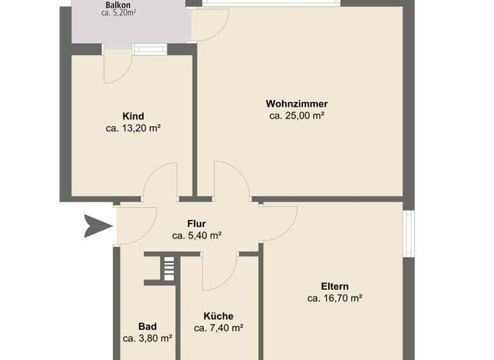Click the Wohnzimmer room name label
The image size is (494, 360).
click(297, 104)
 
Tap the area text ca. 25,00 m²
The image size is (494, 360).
click(297, 116)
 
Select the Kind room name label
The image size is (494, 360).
click(133, 116)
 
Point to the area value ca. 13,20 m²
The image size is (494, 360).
click(133, 128)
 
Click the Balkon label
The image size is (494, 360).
click(118, 5)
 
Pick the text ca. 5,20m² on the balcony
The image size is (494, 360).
click(118, 13)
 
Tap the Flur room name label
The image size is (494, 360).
click(196, 224)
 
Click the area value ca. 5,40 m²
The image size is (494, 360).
click(196, 235)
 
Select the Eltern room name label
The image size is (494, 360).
click(334, 286)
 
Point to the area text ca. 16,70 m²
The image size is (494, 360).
click(334, 298)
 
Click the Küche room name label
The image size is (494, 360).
click(218, 316)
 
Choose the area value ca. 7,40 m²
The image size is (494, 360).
click(218, 327)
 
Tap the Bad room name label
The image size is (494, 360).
click(147, 326)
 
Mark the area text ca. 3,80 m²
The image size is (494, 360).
click(147, 337)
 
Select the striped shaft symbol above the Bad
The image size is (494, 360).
click(168, 267)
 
